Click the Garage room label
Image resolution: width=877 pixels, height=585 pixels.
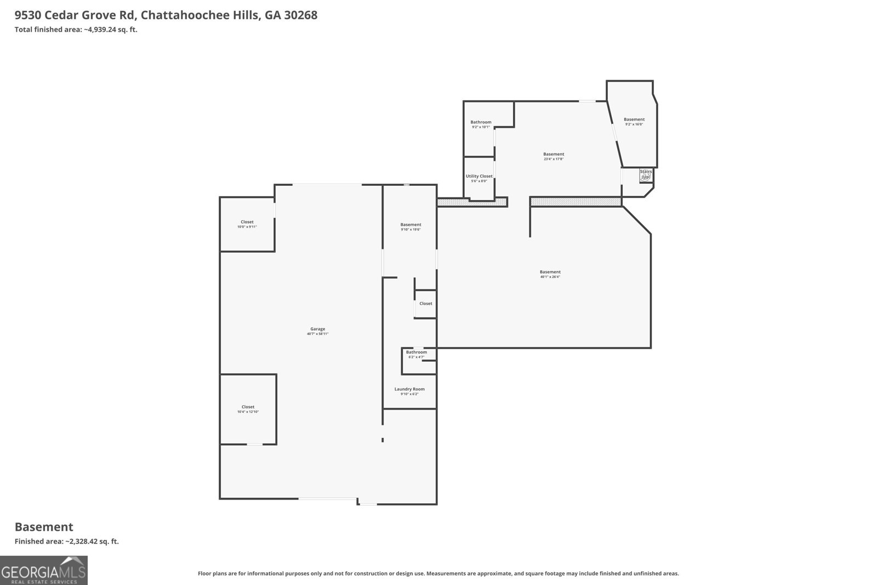(x=317, y=329)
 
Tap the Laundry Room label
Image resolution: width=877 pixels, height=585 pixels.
(x=409, y=389)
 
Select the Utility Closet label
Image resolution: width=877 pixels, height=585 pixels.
(x=479, y=176)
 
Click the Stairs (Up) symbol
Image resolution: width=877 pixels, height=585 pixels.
(x=646, y=174)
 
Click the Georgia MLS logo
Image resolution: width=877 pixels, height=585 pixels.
(x=44, y=570)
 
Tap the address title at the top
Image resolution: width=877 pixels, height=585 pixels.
(x=166, y=15)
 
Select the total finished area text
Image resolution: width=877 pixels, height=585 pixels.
(x=76, y=30)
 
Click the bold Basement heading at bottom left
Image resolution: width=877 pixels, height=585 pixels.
(x=44, y=527)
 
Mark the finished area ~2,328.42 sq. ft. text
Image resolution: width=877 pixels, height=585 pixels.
(x=66, y=541)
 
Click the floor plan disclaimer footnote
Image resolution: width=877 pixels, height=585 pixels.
(x=438, y=573)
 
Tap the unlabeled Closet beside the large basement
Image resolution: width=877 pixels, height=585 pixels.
(x=425, y=304)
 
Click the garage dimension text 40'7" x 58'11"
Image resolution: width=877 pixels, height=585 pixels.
(x=317, y=334)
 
